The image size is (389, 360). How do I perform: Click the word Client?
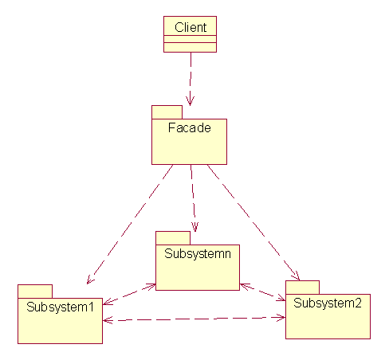(191, 27)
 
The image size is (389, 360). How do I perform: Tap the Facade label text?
(190, 127)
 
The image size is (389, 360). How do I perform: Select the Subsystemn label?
(198, 254)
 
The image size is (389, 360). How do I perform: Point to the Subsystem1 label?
(60, 307)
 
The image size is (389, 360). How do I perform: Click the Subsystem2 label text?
(328, 303)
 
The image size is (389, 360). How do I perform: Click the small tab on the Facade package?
(167, 112)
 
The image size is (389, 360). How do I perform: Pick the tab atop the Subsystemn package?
(173, 238)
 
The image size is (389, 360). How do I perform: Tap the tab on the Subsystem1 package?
(35, 292)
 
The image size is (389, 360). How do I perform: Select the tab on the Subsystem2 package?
(302, 288)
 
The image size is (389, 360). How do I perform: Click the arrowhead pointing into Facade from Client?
(190, 101)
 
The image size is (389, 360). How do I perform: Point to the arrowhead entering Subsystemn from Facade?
(195, 227)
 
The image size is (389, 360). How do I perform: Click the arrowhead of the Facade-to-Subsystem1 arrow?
(90, 280)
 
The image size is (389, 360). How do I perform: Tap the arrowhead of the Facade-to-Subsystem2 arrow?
(296, 276)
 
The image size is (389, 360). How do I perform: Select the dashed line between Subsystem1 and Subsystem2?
(194, 319)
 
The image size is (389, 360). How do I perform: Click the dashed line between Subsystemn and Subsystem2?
(262, 292)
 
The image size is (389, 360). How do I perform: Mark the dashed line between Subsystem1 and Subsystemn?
(129, 295)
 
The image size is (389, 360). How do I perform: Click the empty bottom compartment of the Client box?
(190, 47)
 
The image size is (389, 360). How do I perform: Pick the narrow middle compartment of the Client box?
(190, 39)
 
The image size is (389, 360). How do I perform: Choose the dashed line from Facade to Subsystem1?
(130, 225)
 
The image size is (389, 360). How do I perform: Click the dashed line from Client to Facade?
(191, 79)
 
